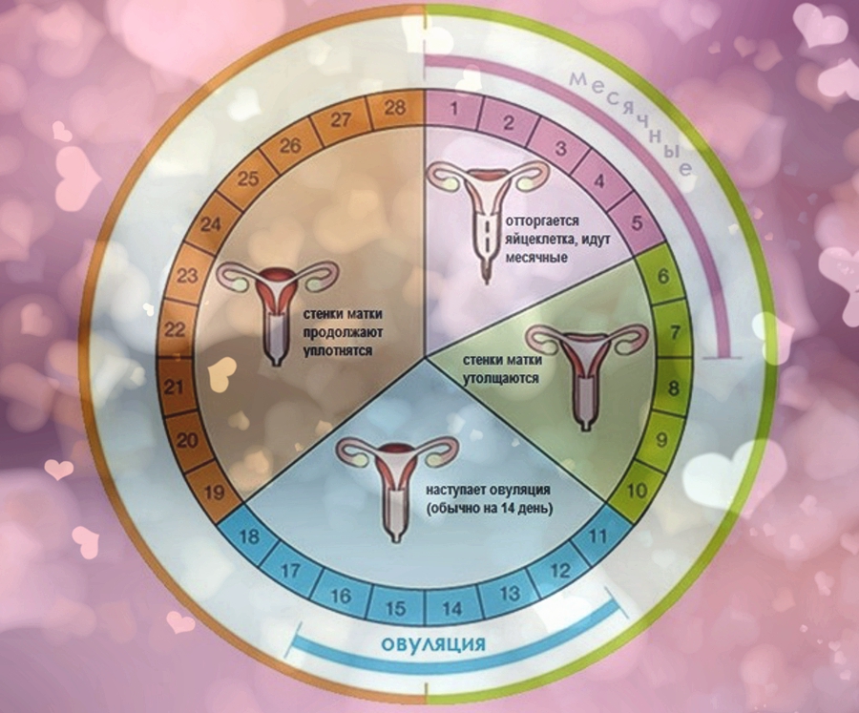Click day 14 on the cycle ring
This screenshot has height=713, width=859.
click(451, 606)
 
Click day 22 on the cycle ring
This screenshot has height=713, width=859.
click(174, 330)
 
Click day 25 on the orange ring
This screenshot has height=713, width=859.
click(249, 178)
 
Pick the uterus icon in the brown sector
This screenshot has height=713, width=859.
click(277, 305)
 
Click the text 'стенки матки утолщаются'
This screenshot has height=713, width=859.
click(502, 369)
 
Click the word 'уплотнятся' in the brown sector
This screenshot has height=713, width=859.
click(334, 351)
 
